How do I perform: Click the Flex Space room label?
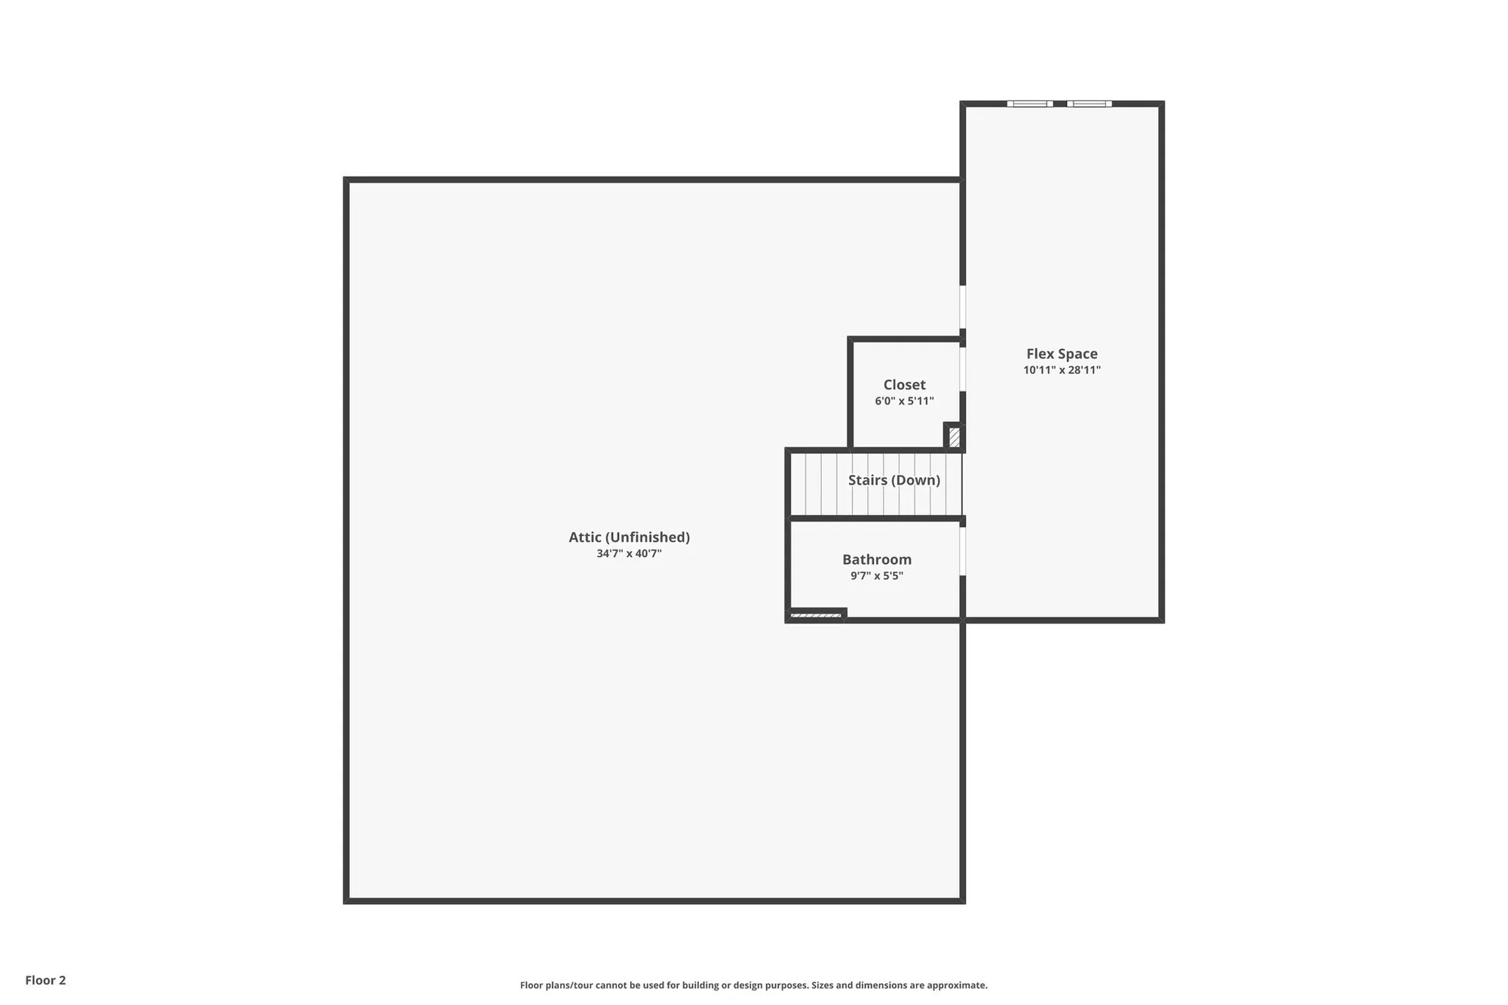click(x=1062, y=354)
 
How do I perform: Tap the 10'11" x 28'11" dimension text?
click(x=1062, y=370)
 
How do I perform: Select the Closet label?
click(x=904, y=385)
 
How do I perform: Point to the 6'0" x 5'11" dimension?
click(x=904, y=401)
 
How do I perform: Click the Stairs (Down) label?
click(x=893, y=480)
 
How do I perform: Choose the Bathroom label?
click(x=877, y=559)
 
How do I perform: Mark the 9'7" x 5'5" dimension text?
click(x=877, y=576)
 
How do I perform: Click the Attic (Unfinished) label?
click(x=629, y=537)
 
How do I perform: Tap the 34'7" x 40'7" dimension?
click(x=629, y=553)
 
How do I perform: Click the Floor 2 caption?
click(x=45, y=980)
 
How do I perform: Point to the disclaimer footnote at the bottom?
click(x=753, y=985)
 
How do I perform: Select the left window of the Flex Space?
click(x=1030, y=104)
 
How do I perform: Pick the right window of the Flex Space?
click(x=1089, y=104)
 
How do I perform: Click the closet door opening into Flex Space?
click(x=963, y=369)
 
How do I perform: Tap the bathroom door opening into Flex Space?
click(x=963, y=551)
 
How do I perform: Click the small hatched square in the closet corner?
click(x=955, y=437)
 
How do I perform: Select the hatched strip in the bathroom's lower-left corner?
click(x=815, y=616)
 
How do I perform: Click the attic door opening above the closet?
click(x=963, y=306)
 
